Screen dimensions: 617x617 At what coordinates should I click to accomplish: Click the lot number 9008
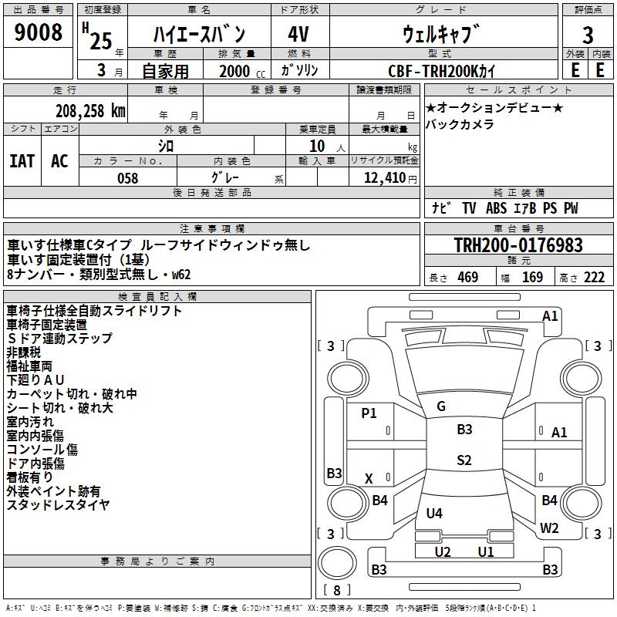coord(39,33)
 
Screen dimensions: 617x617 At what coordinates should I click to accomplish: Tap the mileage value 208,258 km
coord(90,111)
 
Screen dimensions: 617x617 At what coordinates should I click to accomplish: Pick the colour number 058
coord(127,178)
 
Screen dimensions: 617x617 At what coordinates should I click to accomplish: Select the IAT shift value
coord(22,160)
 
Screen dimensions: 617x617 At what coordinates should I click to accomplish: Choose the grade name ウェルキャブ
coord(441,34)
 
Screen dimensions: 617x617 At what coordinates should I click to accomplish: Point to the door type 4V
coord(299,34)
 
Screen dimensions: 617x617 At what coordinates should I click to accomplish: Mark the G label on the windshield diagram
coord(441,406)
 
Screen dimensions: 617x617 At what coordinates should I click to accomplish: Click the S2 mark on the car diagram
coord(464,460)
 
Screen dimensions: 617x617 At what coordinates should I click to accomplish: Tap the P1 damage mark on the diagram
coord(369,413)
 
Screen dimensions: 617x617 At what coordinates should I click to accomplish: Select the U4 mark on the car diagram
coord(434,514)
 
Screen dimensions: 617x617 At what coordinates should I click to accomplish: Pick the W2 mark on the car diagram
coord(549,528)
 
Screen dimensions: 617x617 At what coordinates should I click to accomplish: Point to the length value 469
coord(467,278)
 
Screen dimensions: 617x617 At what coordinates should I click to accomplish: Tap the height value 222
coord(594,278)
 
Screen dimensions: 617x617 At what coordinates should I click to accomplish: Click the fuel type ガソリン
coord(299,70)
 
